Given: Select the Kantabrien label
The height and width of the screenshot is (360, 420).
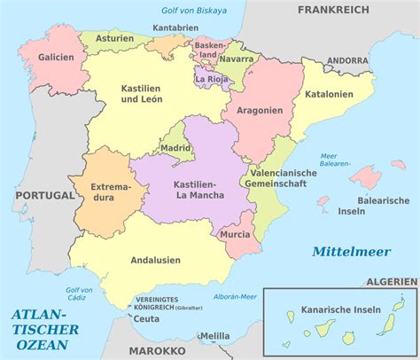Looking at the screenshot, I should point(175,28).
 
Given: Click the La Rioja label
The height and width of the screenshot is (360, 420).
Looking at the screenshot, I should point(213,78).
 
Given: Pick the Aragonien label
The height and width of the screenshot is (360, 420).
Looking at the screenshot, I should point(259,111).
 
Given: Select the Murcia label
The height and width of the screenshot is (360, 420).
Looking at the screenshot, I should point(234,234).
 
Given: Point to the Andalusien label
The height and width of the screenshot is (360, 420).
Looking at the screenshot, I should point(156,261).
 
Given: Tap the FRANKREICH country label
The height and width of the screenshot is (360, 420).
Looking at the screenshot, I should point(332,10).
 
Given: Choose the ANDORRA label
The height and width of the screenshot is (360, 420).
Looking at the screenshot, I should point(347,60).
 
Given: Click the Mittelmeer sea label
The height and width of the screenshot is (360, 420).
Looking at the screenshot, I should point(351,252).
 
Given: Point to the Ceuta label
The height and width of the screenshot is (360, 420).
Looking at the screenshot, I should point(146,318).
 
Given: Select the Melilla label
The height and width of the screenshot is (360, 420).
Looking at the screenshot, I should point(215,337).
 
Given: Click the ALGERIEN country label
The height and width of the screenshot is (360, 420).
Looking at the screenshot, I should point(390,281).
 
